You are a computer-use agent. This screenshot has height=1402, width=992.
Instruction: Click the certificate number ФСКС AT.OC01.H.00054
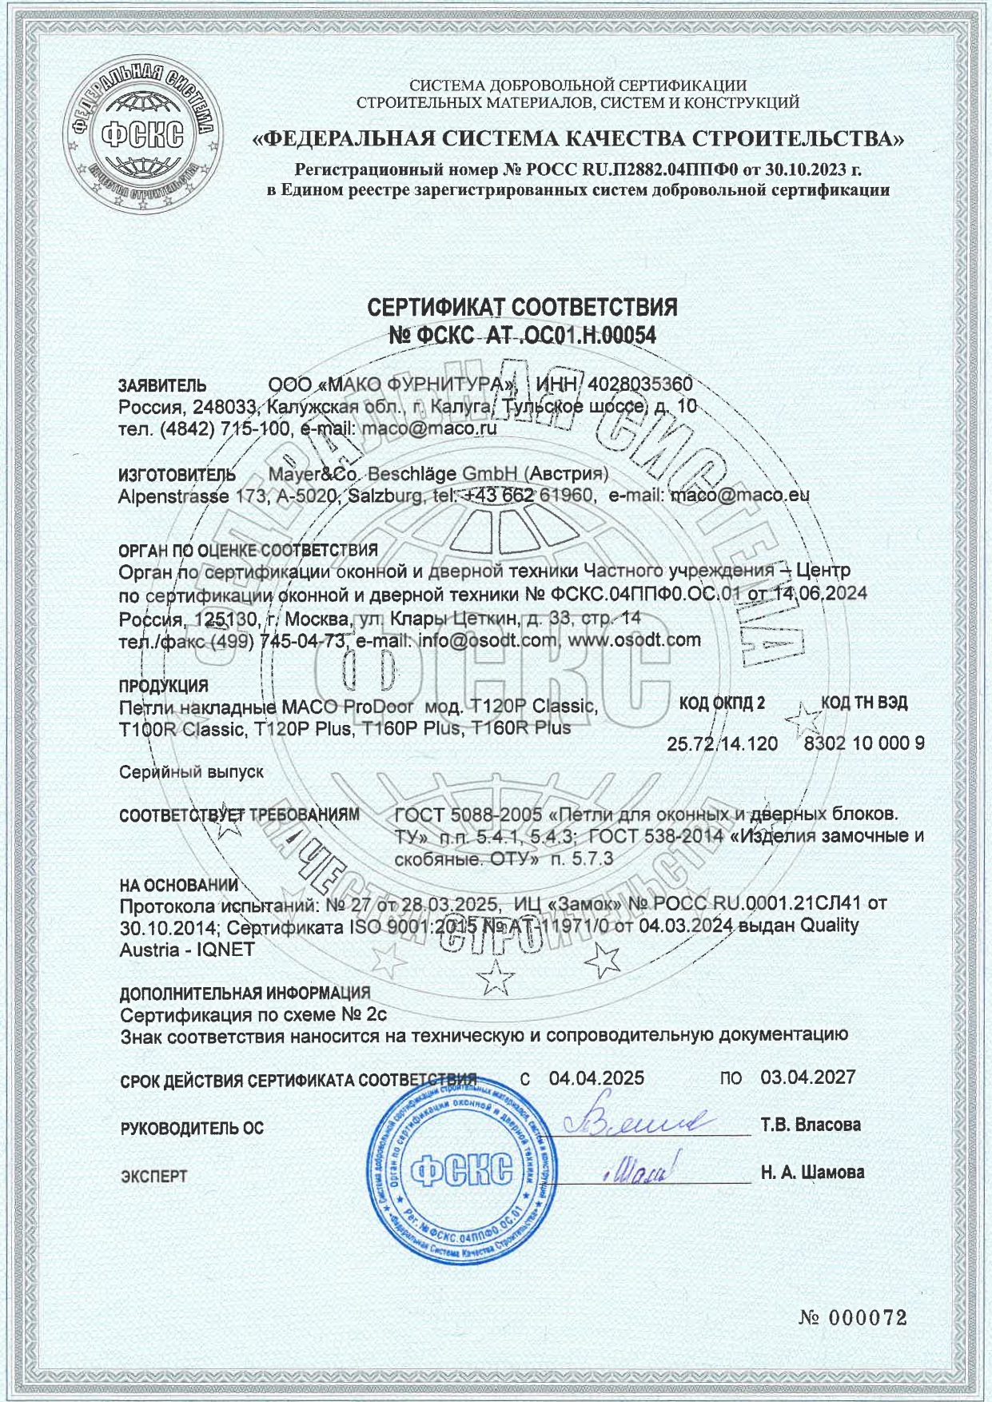(522, 337)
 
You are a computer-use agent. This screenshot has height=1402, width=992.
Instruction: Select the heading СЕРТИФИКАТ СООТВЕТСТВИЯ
(522, 307)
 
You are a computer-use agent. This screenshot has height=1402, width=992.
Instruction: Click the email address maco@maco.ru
(429, 428)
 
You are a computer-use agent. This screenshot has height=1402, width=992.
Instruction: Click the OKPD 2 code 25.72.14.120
(722, 744)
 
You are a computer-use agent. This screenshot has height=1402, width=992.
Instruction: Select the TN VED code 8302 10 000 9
(864, 743)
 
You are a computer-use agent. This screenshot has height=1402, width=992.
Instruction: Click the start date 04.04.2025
(596, 1077)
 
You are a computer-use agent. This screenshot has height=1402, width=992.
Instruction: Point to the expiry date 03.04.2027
(808, 1077)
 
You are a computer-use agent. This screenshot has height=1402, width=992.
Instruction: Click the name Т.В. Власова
(811, 1125)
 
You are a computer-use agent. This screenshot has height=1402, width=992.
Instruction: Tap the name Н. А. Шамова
(812, 1173)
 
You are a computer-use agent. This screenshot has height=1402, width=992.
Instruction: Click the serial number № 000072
(853, 1318)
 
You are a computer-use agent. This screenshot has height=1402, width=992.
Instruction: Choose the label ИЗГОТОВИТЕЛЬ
(177, 476)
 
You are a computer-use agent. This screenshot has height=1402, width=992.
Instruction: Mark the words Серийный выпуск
(191, 773)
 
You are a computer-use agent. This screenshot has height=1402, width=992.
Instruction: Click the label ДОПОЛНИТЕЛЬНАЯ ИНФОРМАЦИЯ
(245, 994)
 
